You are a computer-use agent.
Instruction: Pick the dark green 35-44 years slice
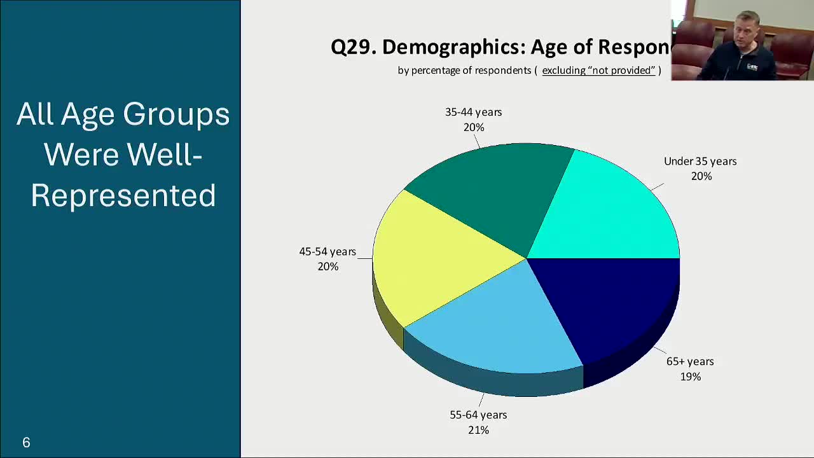point(496,191)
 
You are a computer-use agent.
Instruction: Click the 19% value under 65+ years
point(690,377)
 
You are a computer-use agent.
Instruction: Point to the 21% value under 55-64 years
point(478,430)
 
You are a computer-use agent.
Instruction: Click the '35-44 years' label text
point(473,112)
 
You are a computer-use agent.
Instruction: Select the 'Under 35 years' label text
point(700,161)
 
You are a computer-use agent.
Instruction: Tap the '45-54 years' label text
point(328,251)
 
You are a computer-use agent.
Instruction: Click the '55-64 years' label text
point(478,415)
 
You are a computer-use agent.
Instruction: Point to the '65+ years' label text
point(690,361)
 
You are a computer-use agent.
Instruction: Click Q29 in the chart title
point(352,47)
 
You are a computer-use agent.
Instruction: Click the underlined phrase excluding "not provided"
point(598,70)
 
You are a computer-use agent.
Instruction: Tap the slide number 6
point(26,443)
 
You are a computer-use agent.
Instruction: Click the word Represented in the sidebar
point(123,196)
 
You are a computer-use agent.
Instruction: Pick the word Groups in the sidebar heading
point(176,114)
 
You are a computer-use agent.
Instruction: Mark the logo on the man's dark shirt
point(752,66)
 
